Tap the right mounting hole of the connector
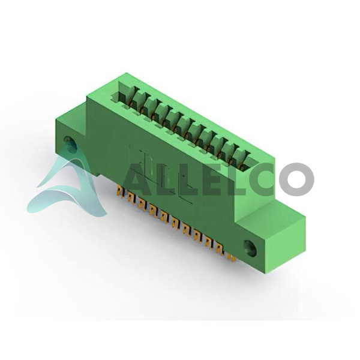pyautogui.click(x=250, y=248)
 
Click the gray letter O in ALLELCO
pyautogui.click(x=296, y=179)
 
